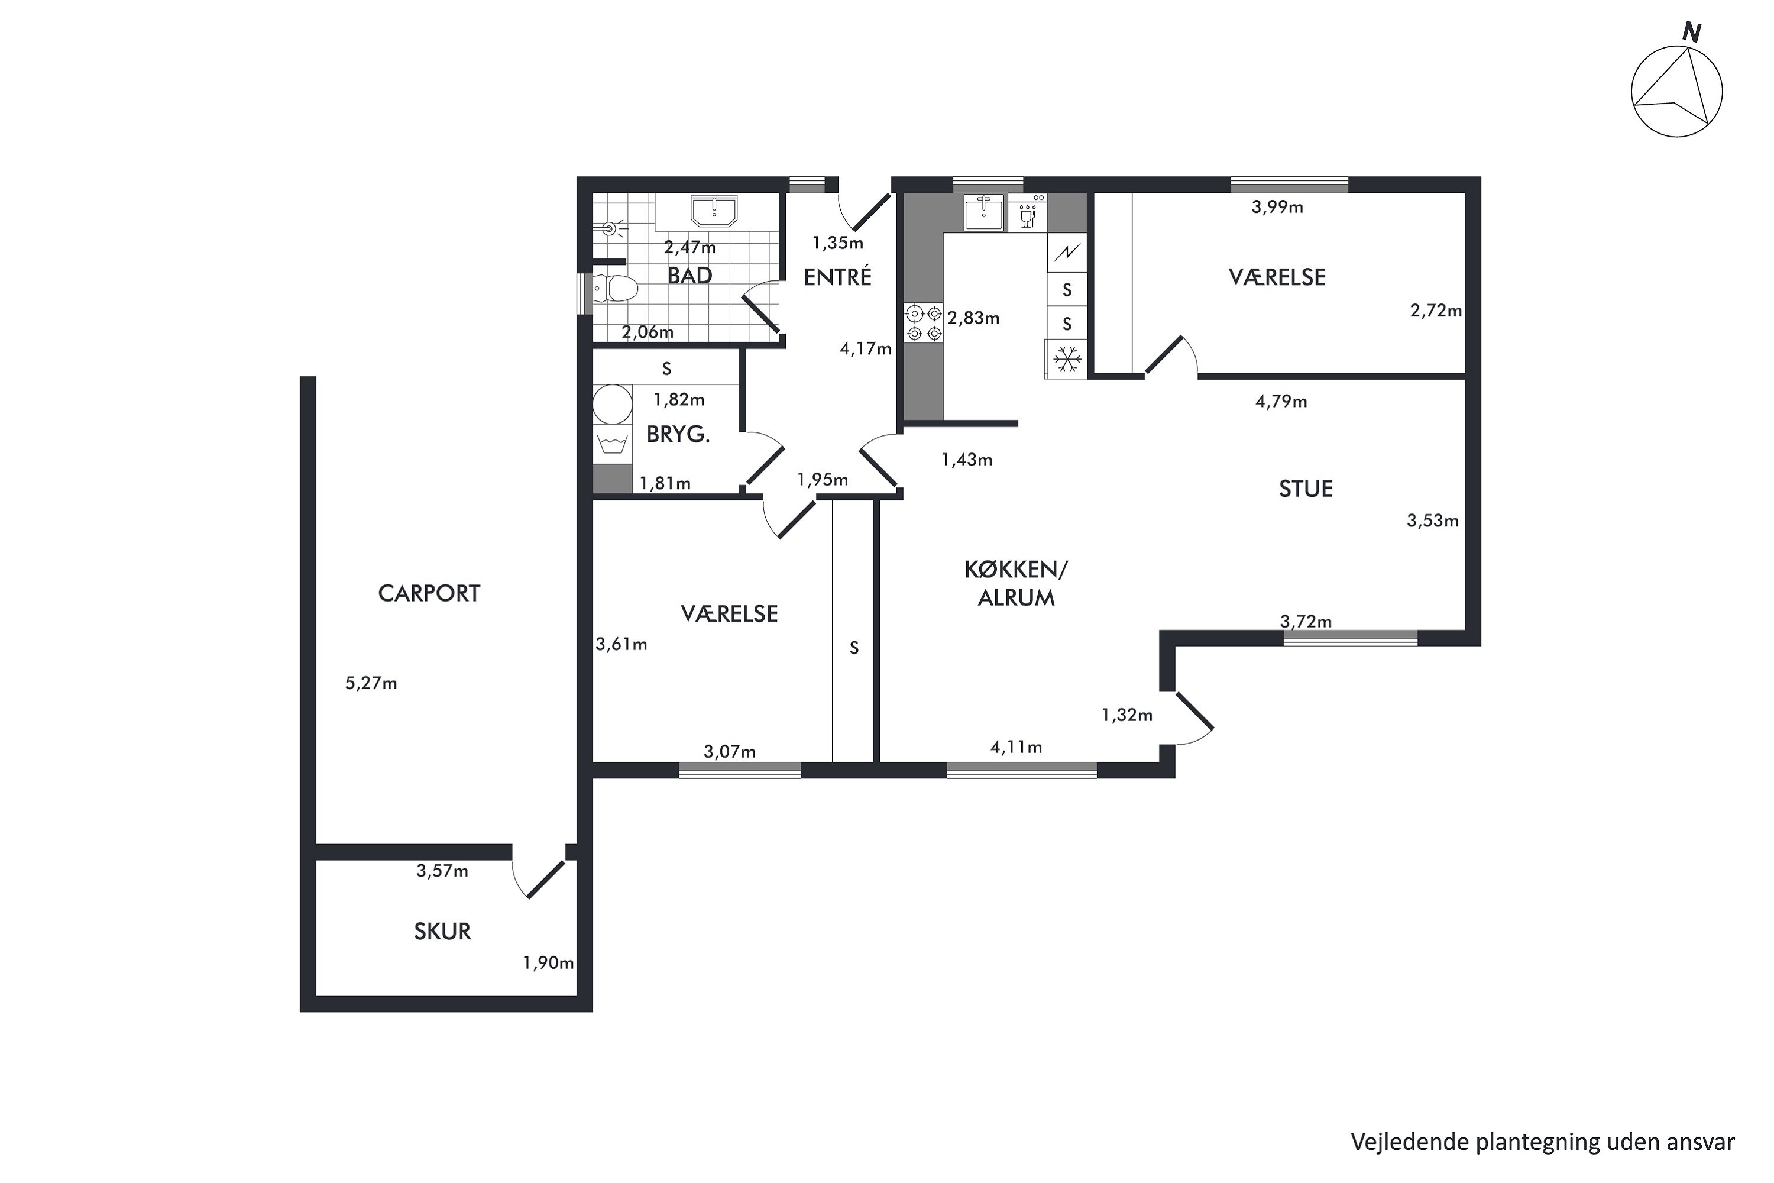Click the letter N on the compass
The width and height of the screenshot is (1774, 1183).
point(1692,33)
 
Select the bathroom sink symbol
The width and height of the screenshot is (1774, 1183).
point(714,211)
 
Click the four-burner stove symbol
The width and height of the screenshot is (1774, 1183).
point(924,323)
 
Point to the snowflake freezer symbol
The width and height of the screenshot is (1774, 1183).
point(1067,359)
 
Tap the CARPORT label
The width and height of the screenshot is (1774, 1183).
point(429,594)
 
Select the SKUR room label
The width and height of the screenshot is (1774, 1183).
point(443,932)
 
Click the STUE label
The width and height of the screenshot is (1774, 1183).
point(1306,489)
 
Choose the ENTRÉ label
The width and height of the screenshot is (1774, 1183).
point(837,277)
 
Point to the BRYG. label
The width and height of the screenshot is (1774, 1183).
point(678,435)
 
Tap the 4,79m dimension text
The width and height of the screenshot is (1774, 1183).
point(1281,402)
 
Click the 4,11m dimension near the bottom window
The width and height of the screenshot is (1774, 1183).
point(1016,747)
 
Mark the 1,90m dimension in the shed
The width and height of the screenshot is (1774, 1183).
point(548,963)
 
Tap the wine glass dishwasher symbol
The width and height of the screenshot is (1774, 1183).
point(1027,214)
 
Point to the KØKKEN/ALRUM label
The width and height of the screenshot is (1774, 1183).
point(1016,583)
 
